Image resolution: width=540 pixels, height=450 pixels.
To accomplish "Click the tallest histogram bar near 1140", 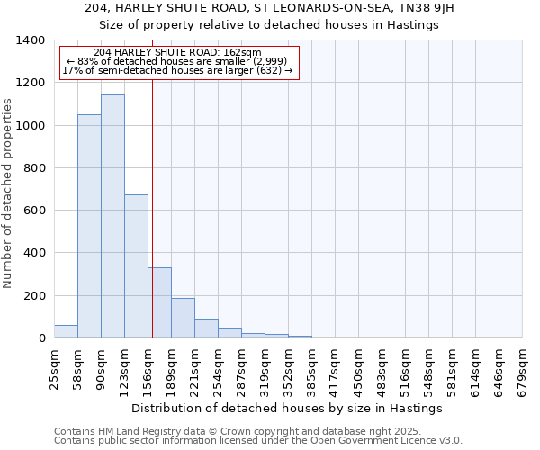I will (112, 216).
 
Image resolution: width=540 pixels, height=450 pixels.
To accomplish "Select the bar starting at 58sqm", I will (89, 226).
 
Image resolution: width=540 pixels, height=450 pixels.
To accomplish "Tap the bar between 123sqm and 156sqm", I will (136, 266).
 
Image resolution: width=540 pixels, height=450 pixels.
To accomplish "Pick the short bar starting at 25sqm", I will (66, 331).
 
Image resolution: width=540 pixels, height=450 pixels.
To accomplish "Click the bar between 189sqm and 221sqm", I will (183, 318).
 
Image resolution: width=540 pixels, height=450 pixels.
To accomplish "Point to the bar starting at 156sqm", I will (160, 302).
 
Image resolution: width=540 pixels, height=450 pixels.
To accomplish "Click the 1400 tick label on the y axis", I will (30, 40).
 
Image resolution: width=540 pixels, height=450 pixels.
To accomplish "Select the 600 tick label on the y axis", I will (34, 211).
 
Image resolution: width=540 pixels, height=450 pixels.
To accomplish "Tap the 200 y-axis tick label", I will (34, 295).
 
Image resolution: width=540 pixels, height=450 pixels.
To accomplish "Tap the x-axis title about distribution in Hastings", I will (287, 408).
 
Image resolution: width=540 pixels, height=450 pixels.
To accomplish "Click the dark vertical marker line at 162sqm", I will (153, 207).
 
